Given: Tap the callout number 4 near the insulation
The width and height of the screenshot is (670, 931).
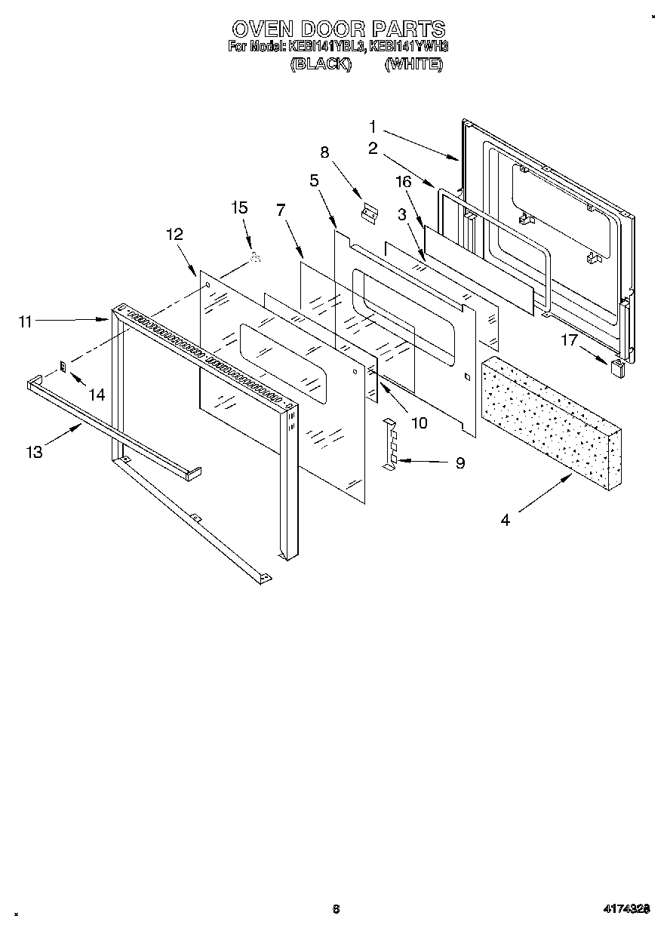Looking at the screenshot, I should pos(505,519).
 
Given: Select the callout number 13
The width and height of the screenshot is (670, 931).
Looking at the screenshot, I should pos(35,452).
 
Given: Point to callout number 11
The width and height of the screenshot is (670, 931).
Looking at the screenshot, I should pos(26,322).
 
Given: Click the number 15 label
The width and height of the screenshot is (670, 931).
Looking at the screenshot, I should pos(239,207).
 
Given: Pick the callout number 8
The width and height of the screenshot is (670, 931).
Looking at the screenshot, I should pos(325,152).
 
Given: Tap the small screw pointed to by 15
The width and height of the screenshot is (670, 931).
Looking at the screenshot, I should pos(255,259).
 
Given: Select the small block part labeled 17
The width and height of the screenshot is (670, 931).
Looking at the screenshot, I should pos(617,367).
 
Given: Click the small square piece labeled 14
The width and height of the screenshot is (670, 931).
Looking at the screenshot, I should pos(63,367).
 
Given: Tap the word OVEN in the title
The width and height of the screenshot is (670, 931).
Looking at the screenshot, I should pos(261,29).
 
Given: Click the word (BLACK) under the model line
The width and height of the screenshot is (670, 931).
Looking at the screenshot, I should pos(321,65).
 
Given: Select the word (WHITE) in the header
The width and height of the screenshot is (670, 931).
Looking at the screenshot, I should pos(413,65).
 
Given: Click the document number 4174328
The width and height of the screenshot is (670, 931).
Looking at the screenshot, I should pos(626,909).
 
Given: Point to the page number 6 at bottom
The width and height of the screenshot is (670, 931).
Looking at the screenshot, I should pos(335,909).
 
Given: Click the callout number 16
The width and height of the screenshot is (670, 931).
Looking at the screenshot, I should pos(404,181).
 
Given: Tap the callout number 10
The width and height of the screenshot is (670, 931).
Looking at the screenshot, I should pos(418,422).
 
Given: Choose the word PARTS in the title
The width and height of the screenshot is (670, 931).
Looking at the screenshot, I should pos(407,29).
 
